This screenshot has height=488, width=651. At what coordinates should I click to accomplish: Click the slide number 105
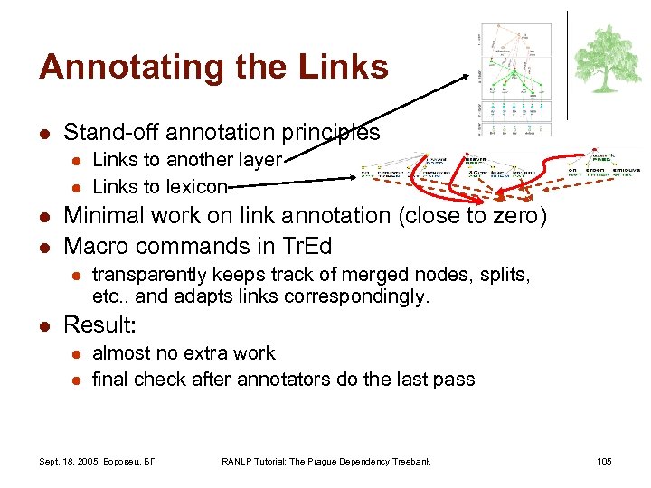pos(604,462)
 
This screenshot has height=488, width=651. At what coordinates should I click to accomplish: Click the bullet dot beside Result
pos(42,325)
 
